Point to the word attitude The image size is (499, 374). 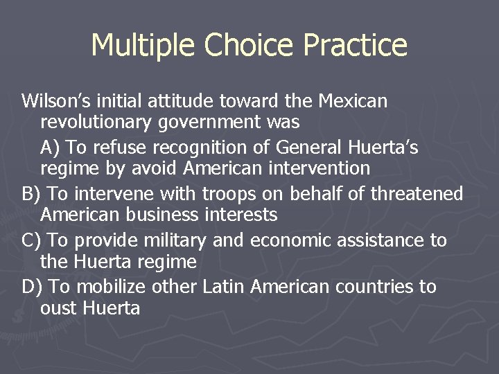pos(182,101)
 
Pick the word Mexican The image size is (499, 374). pos(353,101)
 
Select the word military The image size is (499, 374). pos(176,240)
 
